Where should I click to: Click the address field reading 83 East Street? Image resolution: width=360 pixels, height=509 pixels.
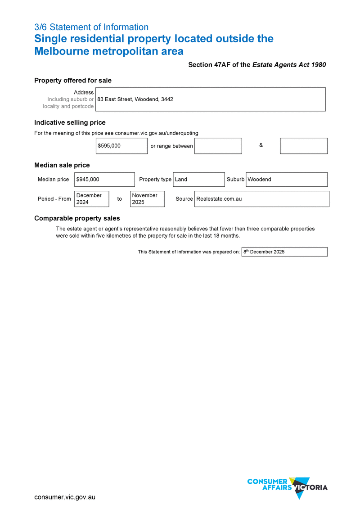[210, 99]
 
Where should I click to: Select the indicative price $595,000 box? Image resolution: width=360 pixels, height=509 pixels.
[121, 146]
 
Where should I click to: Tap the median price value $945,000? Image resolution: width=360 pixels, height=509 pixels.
[104, 180]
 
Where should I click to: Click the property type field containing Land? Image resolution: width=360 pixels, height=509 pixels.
[198, 180]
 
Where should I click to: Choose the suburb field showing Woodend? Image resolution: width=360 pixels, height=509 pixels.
[286, 180]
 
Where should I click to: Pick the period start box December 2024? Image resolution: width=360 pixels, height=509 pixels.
[91, 199]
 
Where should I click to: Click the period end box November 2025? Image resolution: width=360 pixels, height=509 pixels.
[147, 199]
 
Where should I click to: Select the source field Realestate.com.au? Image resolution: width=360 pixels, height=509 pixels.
[261, 199]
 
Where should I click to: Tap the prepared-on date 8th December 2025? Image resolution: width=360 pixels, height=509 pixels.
[284, 252]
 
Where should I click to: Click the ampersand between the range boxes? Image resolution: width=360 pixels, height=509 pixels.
[261, 145]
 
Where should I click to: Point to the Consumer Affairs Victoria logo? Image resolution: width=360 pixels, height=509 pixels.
[288, 487]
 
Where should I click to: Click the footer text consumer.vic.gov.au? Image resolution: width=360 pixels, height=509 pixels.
[65, 497]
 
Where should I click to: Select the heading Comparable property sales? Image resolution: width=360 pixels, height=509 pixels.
[77, 218]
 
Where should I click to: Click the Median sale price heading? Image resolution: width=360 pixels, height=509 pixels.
[62, 165]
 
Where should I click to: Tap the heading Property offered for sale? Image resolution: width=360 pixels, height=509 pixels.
[73, 81]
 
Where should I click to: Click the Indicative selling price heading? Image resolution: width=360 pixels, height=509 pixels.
[70, 122]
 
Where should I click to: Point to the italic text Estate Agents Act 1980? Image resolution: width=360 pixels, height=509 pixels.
[289, 65]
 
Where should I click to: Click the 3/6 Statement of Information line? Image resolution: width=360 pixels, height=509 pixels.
[91, 27]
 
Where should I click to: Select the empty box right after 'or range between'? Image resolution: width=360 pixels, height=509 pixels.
[218, 146]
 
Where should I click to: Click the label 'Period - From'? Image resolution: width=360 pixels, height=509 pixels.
[54, 199]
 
